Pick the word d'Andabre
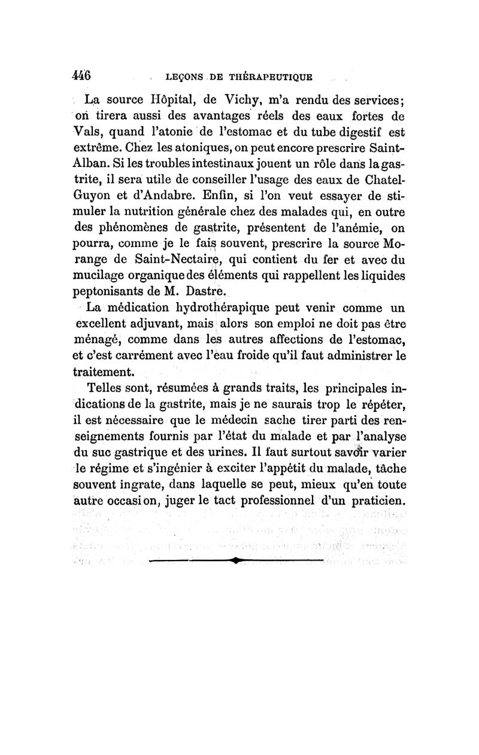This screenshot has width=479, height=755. click(169, 196)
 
